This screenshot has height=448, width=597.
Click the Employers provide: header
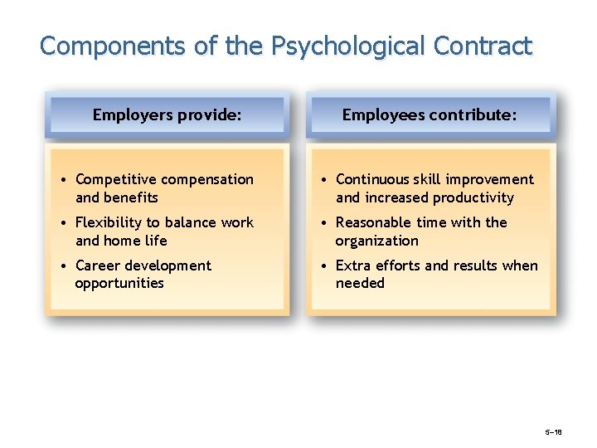(x=167, y=114)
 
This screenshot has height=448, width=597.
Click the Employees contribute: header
(x=430, y=114)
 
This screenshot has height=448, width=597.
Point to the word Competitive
(x=116, y=179)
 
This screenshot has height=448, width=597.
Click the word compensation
(x=207, y=179)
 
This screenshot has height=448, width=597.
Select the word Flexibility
(x=109, y=222)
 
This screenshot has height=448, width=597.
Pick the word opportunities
(x=119, y=284)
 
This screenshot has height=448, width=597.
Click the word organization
(x=376, y=241)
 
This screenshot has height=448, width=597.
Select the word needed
(x=360, y=284)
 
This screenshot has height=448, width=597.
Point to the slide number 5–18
(x=553, y=433)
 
